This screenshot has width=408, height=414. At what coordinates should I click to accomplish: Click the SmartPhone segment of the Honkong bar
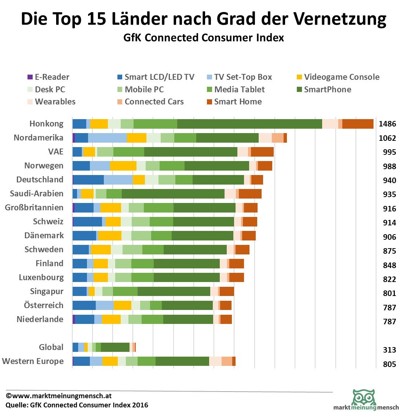click(249, 124)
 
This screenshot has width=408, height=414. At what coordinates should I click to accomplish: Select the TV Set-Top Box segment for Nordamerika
click(107, 138)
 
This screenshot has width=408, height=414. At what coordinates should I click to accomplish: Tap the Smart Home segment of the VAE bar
click(262, 152)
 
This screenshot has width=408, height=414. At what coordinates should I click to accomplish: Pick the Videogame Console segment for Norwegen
click(123, 166)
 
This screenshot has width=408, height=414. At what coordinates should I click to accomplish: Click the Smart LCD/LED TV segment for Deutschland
click(88, 180)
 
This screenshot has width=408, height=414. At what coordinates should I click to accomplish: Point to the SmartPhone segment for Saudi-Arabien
click(173, 194)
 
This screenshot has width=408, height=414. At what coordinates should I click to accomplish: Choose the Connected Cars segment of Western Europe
click(227, 361)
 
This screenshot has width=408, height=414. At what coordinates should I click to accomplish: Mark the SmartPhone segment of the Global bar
click(115, 347)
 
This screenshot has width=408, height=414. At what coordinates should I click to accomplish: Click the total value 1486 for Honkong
click(387, 124)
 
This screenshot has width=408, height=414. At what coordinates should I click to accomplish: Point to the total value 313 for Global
click(390, 350)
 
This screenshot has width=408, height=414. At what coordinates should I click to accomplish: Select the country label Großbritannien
click(34, 208)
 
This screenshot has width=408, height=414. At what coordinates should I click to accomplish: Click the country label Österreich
click(44, 306)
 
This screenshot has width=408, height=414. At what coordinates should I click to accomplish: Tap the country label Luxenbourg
click(41, 278)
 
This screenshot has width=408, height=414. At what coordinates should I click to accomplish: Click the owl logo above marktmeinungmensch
click(364, 397)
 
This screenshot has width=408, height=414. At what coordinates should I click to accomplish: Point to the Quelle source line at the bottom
click(77, 405)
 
